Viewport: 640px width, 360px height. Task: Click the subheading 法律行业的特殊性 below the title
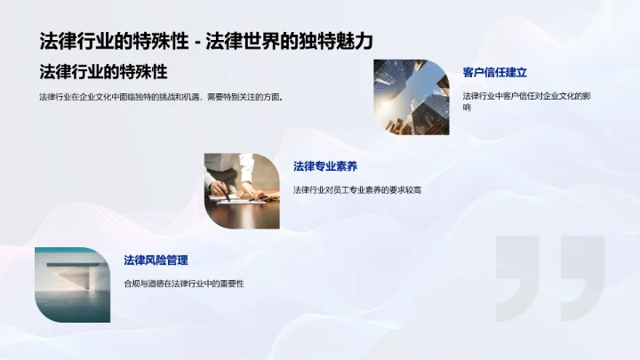(103, 71)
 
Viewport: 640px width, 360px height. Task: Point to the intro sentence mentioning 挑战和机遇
(161, 96)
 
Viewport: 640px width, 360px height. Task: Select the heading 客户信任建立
(500, 72)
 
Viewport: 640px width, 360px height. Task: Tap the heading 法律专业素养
(325, 165)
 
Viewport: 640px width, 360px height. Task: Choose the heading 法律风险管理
(156, 260)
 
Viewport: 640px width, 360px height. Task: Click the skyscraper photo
(411, 97)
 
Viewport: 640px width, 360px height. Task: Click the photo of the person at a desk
(242, 191)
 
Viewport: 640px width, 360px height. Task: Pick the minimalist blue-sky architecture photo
(72, 285)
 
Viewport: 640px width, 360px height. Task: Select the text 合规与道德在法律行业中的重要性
(184, 283)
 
